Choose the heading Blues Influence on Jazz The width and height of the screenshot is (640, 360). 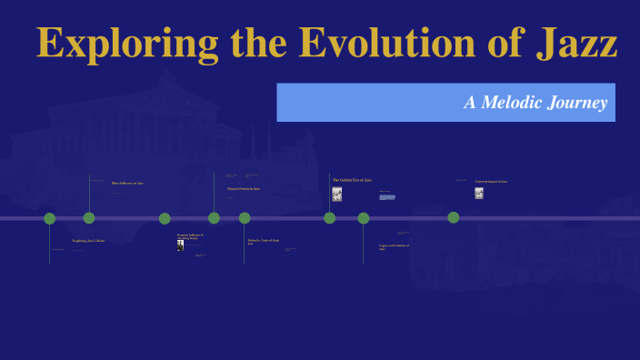click(x=127, y=183)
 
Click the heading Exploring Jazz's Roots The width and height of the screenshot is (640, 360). click(x=88, y=241)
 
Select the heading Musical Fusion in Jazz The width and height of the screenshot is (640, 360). click(x=244, y=189)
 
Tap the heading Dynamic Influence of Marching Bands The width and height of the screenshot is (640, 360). click(x=190, y=236)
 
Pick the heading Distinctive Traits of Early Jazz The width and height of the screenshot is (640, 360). click(x=263, y=242)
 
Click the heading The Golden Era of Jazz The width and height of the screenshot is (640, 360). click(x=352, y=180)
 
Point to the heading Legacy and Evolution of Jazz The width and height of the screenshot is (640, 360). click(x=394, y=246)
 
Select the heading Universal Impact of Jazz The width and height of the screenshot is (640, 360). click(x=491, y=181)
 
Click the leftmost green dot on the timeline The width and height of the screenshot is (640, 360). click(x=50, y=218)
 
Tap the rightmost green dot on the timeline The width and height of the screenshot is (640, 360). click(x=454, y=217)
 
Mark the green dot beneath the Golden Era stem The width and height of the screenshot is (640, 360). click(x=330, y=218)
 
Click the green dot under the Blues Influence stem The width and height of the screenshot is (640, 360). click(x=89, y=218)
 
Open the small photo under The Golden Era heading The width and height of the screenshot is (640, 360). click(x=337, y=194)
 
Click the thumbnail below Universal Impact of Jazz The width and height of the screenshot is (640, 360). click(x=479, y=193)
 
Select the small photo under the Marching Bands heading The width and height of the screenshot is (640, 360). click(x=180, y=245)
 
